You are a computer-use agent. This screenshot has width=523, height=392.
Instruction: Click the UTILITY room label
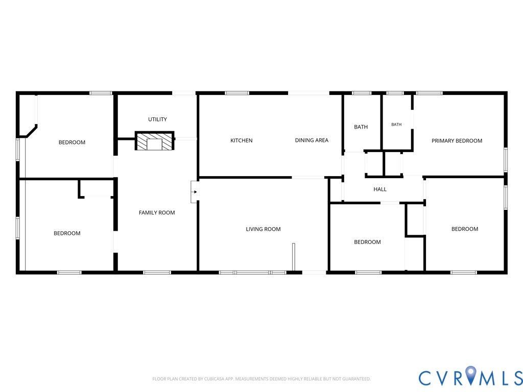coord(157,119)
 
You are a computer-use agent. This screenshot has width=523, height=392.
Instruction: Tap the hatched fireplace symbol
coord(154,141)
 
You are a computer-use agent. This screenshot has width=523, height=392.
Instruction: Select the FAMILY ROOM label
coord(157,213)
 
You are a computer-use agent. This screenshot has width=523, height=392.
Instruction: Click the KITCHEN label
coord(242,141)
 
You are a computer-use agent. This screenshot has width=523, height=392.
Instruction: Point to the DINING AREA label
coord(312,140)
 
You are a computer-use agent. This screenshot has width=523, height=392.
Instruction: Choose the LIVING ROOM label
coord(263,229)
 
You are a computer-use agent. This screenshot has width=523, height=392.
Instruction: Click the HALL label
coord(380,189)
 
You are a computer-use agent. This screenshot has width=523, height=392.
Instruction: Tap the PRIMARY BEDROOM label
coord(457,141)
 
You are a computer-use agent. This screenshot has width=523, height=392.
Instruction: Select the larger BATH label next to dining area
coord(361,127)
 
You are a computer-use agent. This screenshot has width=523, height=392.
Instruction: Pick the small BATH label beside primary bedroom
coord(396,125)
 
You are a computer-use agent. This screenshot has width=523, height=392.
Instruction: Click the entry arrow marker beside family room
coord(195,192)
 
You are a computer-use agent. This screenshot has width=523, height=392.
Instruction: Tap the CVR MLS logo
coord(470,377)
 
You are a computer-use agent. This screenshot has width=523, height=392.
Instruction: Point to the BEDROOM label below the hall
coord(367,242)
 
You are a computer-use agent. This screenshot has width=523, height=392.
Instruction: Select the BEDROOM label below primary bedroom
coord(465,229)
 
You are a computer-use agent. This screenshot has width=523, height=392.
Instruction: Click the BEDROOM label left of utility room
coord(72,142)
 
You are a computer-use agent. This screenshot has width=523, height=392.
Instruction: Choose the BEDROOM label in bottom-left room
coord(67,233)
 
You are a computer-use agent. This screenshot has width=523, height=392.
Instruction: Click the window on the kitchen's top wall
coord(237,93)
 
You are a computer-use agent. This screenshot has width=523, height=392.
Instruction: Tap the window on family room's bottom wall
coord(157,273)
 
